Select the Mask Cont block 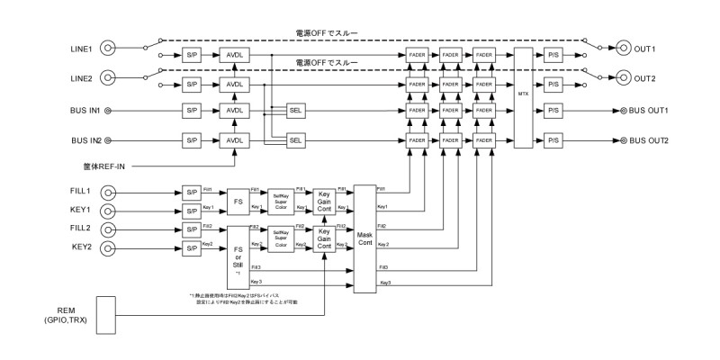[364, 238]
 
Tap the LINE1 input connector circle [109, 48]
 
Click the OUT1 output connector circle [623, 48]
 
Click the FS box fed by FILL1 [238, 201]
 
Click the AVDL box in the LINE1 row [235, 55]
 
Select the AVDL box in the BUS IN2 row [235, 141]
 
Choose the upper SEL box [296, 111]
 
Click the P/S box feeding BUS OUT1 [553, 111]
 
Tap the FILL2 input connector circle [109, 228]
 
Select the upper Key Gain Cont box [326, 201]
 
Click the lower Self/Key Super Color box [281, 236]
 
